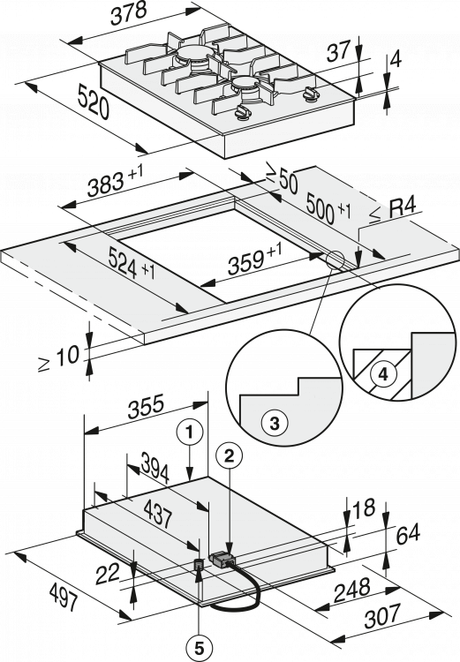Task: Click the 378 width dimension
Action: pos(128,14)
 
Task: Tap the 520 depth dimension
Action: pos(94,102)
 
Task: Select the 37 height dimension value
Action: pos(339,50)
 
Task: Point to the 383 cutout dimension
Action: pos(115,182)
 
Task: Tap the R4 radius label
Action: pos(393,210)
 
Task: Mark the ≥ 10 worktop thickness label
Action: pos(59,357)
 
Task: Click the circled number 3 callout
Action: pos(275,423)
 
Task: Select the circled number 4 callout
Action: pos(382,374)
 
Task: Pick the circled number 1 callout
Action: pos(190,432)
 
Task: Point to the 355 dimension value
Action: pos(146,407)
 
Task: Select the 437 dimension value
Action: pos(157,514)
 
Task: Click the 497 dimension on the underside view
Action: pos(64,596)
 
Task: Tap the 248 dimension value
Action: pos(352,591)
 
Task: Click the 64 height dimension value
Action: pos(408,534)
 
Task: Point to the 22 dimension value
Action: pos(108,574)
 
